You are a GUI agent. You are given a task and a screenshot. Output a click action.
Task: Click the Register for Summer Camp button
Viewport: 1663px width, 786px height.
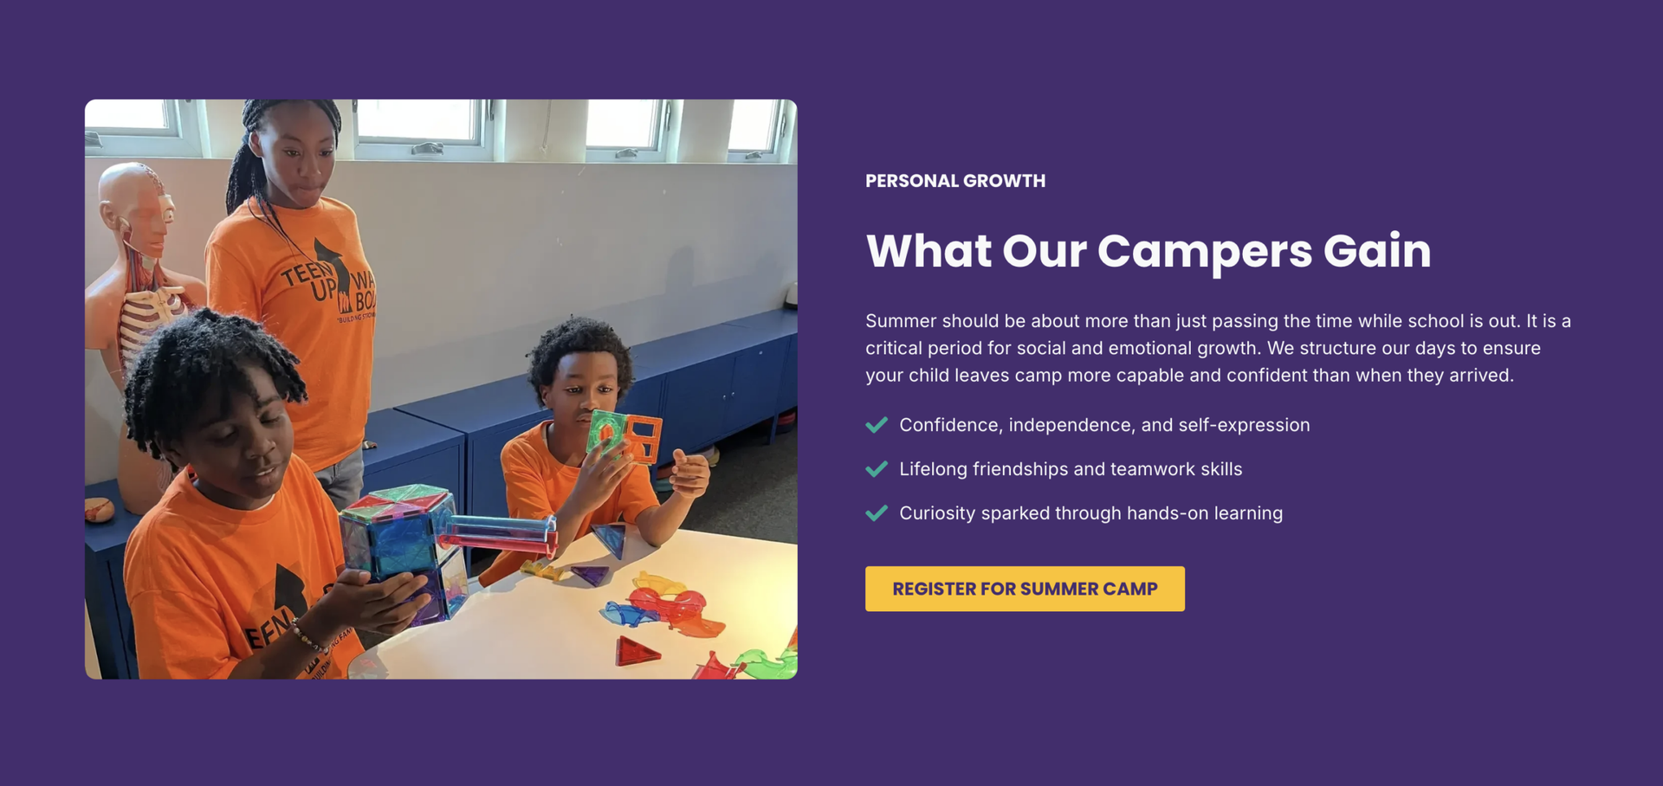(x=1025, y=589)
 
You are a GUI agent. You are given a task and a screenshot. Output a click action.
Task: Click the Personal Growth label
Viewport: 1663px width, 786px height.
(x=955, y=181)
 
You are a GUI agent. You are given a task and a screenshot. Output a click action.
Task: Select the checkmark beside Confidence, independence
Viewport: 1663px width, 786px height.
(x=877, y=425)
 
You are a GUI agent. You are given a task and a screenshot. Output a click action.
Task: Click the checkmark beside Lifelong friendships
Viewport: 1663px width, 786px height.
(x=877, y=469)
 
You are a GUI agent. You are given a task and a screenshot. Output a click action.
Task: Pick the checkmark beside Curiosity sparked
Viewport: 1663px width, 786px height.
(x=877, y=513)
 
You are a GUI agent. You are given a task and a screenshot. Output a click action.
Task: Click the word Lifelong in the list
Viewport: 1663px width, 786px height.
(x=933, y=469)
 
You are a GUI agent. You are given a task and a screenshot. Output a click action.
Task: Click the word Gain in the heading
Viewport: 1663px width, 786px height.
(x=1377, y=251)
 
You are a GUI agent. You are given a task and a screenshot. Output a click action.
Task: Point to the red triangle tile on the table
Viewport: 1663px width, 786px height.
(x=637, y=650)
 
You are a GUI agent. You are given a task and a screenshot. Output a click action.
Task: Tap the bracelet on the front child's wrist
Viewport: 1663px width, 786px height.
(x=307, y=638)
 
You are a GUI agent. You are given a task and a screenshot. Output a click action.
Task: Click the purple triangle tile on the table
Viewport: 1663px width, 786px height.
(x=590, y=573)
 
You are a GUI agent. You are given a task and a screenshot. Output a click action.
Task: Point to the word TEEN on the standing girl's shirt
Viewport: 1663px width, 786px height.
(x=303, y=274)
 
